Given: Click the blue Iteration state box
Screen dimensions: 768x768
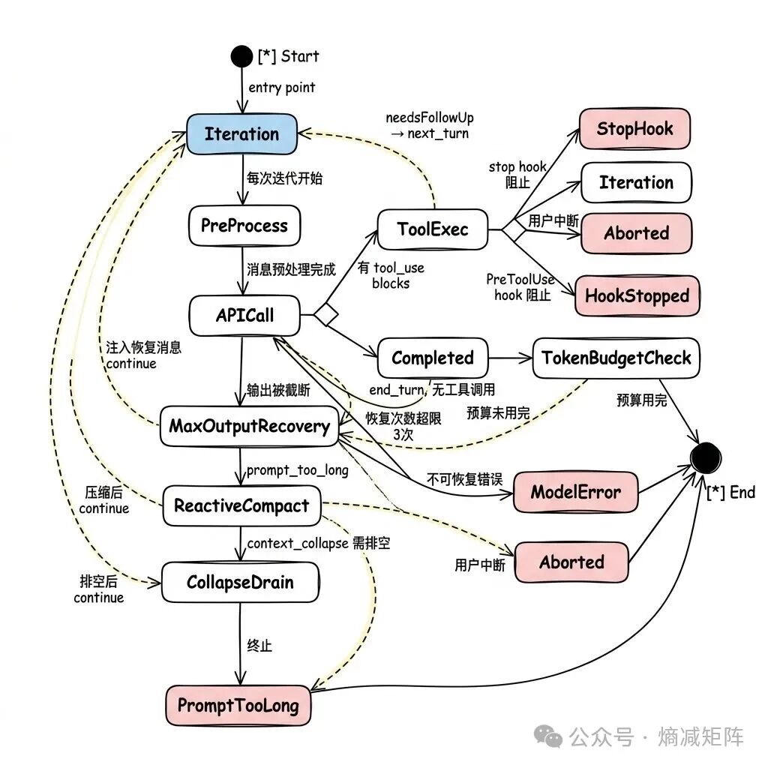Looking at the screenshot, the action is [x=242, y=134].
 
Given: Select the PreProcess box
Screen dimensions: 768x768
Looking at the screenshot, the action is [x=244, y=226].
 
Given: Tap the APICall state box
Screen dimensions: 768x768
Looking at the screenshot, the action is [x=244, y=316].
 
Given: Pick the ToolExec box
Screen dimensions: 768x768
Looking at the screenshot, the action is [x=433, y=229].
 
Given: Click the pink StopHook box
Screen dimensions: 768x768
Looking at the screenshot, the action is [x=634, y=129].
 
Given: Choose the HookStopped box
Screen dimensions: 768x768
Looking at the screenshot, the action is [x=637, y=295].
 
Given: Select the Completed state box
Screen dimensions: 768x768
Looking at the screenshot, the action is [x=433, y=358].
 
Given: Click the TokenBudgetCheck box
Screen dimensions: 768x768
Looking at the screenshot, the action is [x=616, y=358].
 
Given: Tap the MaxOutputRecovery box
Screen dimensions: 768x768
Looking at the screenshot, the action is [x=249, y=426].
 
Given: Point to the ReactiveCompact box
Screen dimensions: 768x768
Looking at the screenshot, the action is [x=241, y=506].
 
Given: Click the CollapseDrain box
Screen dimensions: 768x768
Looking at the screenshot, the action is [x=240, y=582].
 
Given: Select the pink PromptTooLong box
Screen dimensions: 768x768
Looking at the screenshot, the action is [x=238, y=706].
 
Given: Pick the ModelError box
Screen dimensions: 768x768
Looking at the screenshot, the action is [x=576, y=492].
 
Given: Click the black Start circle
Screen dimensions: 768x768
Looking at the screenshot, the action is [x=241, y=56].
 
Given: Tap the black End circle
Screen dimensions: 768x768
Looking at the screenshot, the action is [x=706, y=458].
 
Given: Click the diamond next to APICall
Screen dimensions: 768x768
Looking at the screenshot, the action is [x=326, y=315].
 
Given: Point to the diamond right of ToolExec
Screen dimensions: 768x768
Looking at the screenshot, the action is [x=514, y=229].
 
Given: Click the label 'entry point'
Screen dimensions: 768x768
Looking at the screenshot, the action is [x=282, y=88].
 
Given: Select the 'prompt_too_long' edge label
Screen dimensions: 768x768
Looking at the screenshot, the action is [x=297, y=471].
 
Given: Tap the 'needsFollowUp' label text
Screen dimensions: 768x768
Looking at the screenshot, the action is [x=430, y=118].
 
